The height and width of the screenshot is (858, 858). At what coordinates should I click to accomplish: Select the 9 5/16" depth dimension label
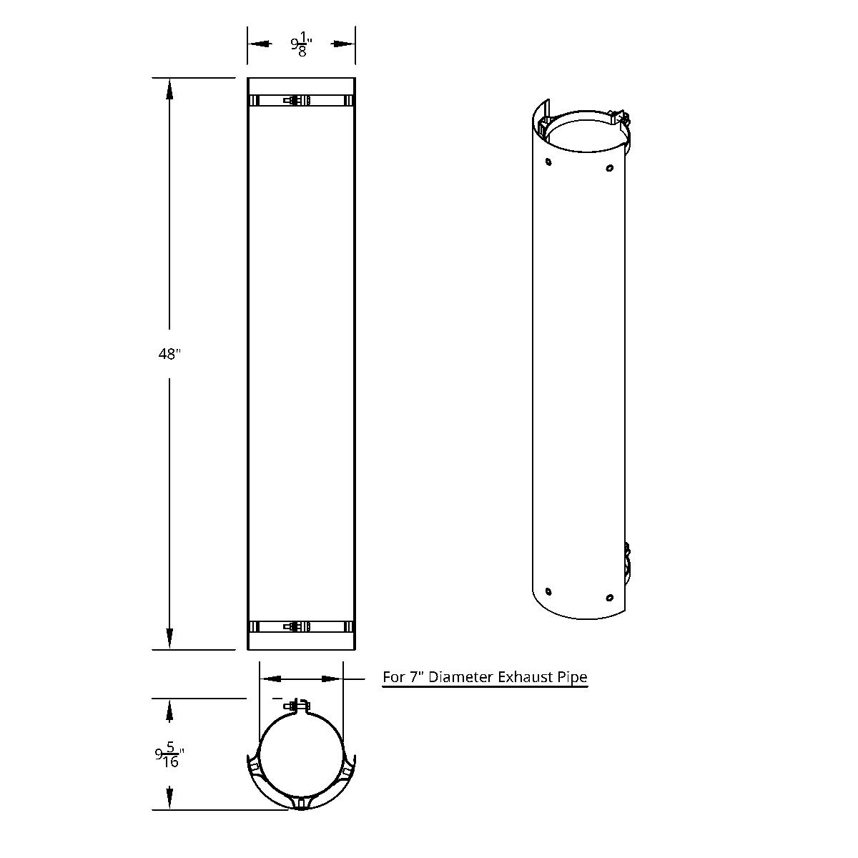point(170,756)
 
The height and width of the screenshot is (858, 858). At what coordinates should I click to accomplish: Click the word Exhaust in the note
point(529,676)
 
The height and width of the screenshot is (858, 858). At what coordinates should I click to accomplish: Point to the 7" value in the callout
point(418,676)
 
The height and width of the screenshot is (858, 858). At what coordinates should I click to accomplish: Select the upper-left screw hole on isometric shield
point(548,162)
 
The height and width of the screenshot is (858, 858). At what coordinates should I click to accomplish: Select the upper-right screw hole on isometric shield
point(609,168)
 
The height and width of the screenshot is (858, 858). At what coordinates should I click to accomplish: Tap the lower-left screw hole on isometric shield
point(548,591)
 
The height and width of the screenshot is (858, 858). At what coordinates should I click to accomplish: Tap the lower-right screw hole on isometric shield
point(609,598)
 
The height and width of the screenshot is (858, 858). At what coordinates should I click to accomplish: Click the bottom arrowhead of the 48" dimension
point(169,639)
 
